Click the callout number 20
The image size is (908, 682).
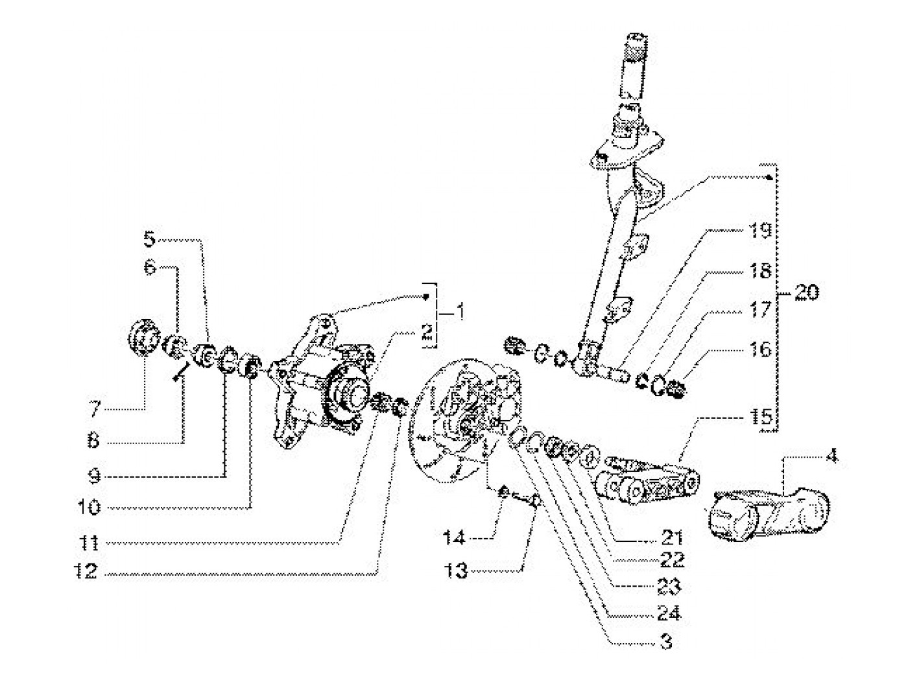click(x=806, y=292)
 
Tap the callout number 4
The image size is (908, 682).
click(x=832, y=456)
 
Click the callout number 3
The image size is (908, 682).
click(x=666, y=642)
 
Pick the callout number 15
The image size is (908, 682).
click(x=761, y=417)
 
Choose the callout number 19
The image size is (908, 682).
click(x=761, y=231)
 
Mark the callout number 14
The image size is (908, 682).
click(x=455, y=537)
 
